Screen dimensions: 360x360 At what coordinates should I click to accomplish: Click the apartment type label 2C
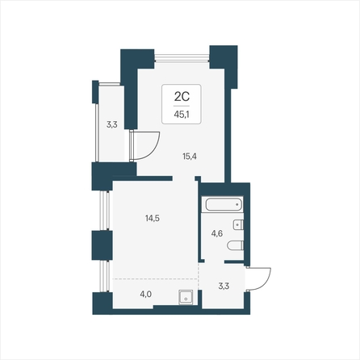coord(182,97)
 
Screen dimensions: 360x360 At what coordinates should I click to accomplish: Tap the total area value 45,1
coord(182,115)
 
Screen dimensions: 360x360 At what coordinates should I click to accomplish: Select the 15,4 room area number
coord(190,156)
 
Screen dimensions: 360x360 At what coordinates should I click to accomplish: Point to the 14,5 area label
coord(153,218)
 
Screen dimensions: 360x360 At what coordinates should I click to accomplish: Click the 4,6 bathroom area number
coord(217,233)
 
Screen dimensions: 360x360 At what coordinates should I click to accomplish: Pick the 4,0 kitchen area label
coord(145,295)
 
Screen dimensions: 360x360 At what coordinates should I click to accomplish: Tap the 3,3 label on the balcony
coord(111,124)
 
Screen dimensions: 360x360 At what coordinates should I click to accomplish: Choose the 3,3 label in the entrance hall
coord(224,286)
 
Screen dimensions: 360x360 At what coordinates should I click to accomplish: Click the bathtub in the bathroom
coord(224,204)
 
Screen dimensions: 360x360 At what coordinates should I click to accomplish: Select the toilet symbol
coord(236,245)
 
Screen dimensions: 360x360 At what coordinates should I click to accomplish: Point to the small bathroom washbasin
coord(238,224)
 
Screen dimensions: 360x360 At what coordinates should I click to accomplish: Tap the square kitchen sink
coord(186,297)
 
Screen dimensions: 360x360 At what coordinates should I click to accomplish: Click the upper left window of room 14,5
coord(105,211)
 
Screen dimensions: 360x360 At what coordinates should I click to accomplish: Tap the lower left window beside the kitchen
coord(105,276)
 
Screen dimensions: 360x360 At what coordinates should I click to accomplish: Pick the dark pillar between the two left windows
coord(102,245)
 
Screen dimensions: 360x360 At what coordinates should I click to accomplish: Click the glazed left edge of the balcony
coord(97,132)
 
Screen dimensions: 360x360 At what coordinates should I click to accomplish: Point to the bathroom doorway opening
coord(215,262)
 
